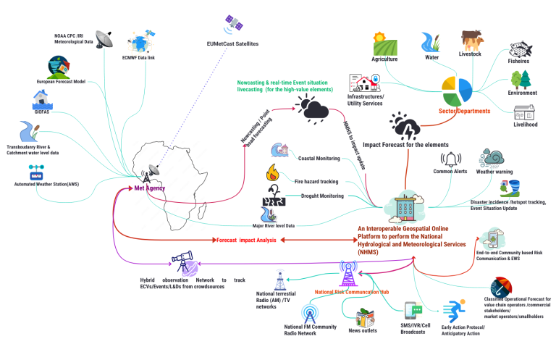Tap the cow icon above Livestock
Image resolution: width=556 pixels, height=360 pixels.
pyautogui.click(x=471, y=40)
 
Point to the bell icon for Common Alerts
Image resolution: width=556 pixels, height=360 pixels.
pyautogui.click(x=451, y=159)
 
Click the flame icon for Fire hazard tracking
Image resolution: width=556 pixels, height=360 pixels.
pyautogui.click(x=272, y=172)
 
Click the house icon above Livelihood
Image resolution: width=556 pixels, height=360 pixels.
pyautogui.click(x=524, y=114)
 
